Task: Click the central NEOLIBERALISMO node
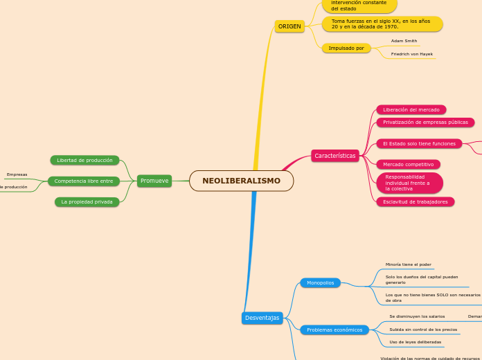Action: pos(241,181)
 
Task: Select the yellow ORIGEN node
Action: pos(289,26)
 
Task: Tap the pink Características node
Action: pos(335,156)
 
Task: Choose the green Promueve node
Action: pos(154,181)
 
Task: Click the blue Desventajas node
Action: pos(262,318)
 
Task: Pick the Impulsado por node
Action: pos(346,48)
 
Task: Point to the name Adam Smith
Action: pos(404,41)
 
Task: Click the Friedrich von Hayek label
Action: pos(411,54)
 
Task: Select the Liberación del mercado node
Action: pos(411,109)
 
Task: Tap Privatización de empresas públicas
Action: pos(425,122)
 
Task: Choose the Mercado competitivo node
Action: pos(408,164)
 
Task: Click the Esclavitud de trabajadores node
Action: pos(415,201)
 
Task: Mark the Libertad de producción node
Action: pos(84,160)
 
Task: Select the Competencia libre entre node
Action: pos(84,181)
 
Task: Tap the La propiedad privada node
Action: pos(87,201)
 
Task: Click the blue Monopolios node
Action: pos(320,282)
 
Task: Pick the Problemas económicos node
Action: pos(334,330)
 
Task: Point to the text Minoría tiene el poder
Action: pos(408,264)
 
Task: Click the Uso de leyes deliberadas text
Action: pos(415,342)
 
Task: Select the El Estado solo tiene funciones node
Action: pos(420,143)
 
